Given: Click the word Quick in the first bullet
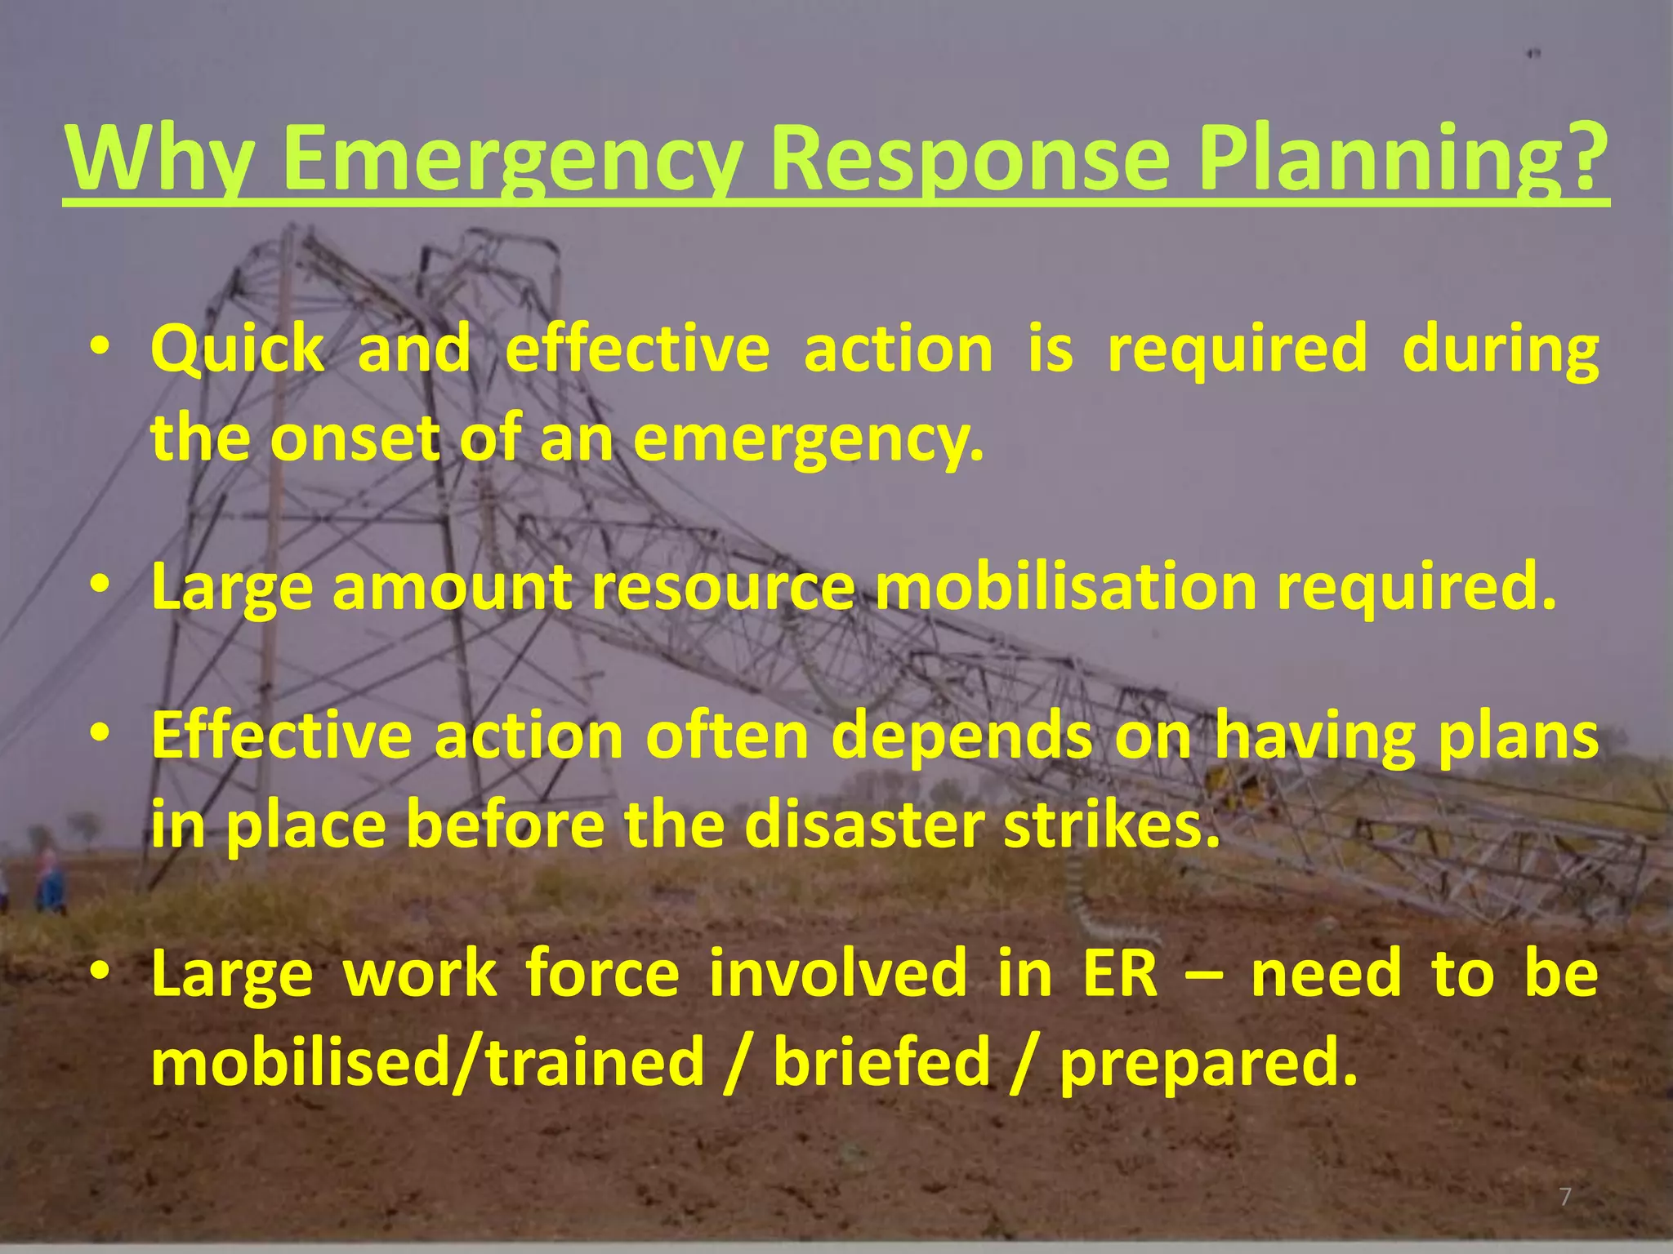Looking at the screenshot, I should pyautogui.click(x=237, y=349).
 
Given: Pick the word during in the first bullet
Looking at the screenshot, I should pyautogui.click(x=1500, y=349).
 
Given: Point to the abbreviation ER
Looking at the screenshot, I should pyautogui.click(x=1121, y=973).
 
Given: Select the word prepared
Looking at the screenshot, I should pyautogui.click(x=1208, y=1063).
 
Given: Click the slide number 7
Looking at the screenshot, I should pyautogui.click(x=1565, y=1198).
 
